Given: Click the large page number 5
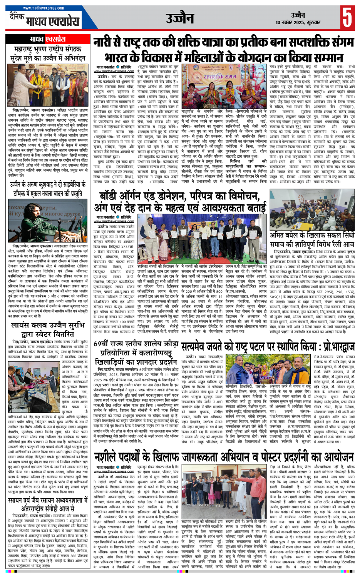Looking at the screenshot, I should pyautogui.click(x=347, y=17).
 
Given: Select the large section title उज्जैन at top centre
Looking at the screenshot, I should pyautogui.click(x=180, y=18).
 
